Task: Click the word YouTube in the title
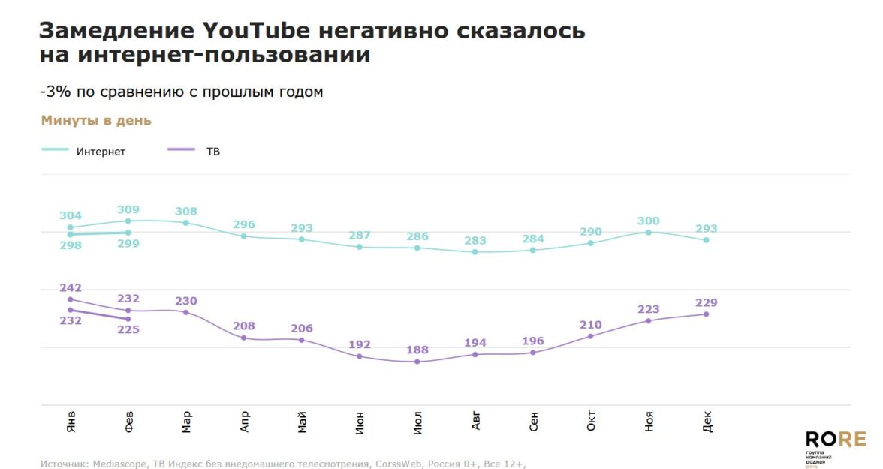(256, 32)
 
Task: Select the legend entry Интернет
(101, 152)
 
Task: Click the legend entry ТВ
(213, 152)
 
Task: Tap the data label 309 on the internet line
(128, 210)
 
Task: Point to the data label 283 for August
(475, 241)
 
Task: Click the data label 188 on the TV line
(417, 350)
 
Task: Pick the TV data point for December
(707, 314)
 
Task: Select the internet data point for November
(649, 232)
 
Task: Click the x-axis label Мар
(186, 422)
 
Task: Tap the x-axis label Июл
(417, 422)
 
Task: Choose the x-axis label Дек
(707, 422)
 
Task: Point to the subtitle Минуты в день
(96, 120)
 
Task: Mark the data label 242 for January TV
(71, 287)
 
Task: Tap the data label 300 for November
(649, 221)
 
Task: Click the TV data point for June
(359, 356)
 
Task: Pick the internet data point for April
(244, 236)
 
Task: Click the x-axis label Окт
(591, 422)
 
